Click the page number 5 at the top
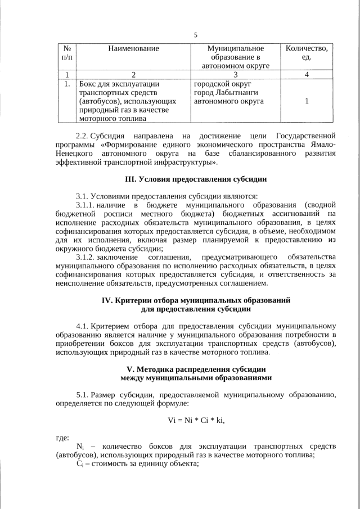coord(195,35)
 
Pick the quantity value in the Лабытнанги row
coord(306,101)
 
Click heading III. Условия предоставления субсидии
coord(195,179)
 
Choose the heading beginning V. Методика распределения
coord(195,373)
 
